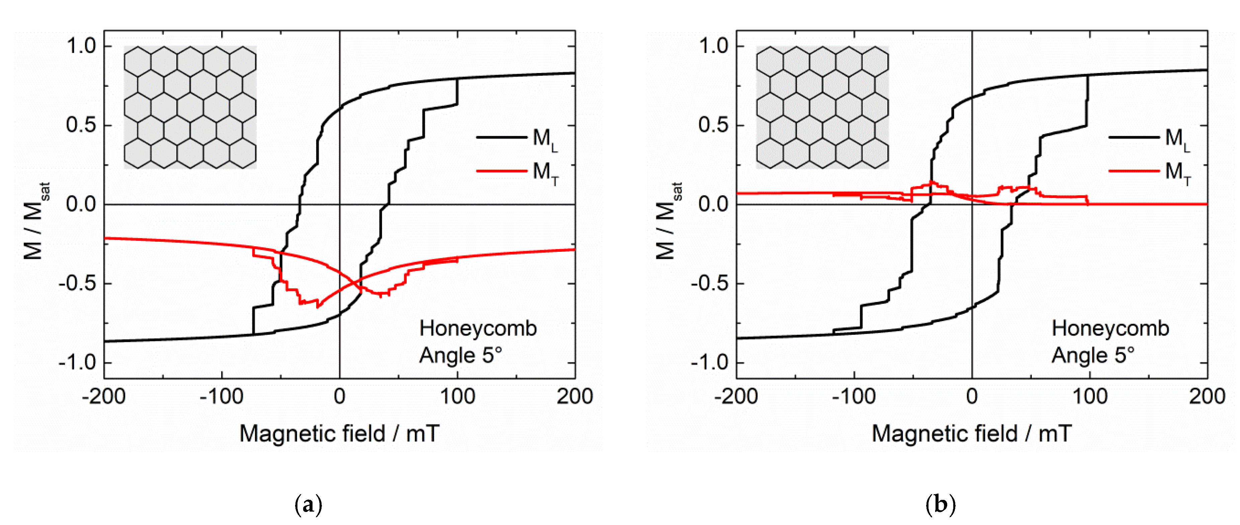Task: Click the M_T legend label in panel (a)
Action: (545, 172)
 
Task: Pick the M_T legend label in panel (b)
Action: (1177, 172)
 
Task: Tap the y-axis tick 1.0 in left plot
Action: (81, 46)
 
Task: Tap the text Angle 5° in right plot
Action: (1093, 356)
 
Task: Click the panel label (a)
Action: (308, 505)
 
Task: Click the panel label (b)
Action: (940, 505)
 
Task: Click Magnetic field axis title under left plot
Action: (339, 434)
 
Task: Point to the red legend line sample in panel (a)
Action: (501, 170)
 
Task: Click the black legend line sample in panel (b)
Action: (1134, 137)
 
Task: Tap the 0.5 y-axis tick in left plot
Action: (81, 125)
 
